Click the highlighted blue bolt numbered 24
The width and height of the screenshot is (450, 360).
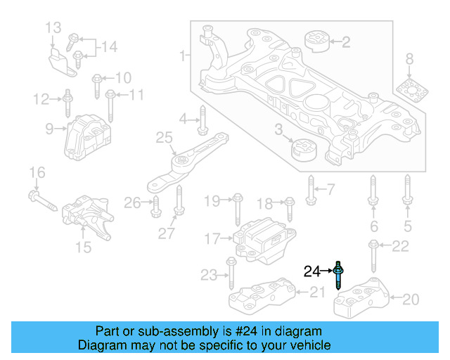(340, 275)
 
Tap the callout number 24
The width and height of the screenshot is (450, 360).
(311, 271)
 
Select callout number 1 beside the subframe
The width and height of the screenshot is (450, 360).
(183, 54)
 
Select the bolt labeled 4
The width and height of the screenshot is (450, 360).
(202, 120)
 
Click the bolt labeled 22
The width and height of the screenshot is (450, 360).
(373, 254)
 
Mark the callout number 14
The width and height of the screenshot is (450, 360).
(108, 47)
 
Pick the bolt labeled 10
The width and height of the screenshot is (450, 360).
(96, 85)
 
